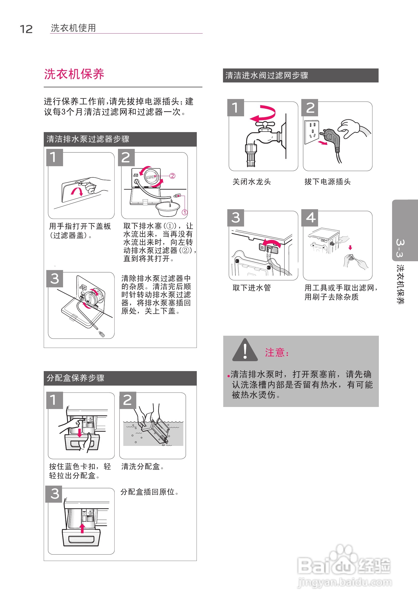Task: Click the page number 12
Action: coord(26,29)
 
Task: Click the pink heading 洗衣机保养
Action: coord(74,74)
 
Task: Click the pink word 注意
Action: coord(275,352)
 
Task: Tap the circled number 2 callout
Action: coord(172,176)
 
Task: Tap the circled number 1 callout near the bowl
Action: coord(185,212)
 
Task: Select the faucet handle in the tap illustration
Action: coord(265,124)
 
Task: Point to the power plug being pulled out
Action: coord(331,136)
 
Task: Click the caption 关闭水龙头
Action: coord(251,182)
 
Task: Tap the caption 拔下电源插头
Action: coord(327,182)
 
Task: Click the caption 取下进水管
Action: coord(251,288)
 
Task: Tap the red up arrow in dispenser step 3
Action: coord(82,528)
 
